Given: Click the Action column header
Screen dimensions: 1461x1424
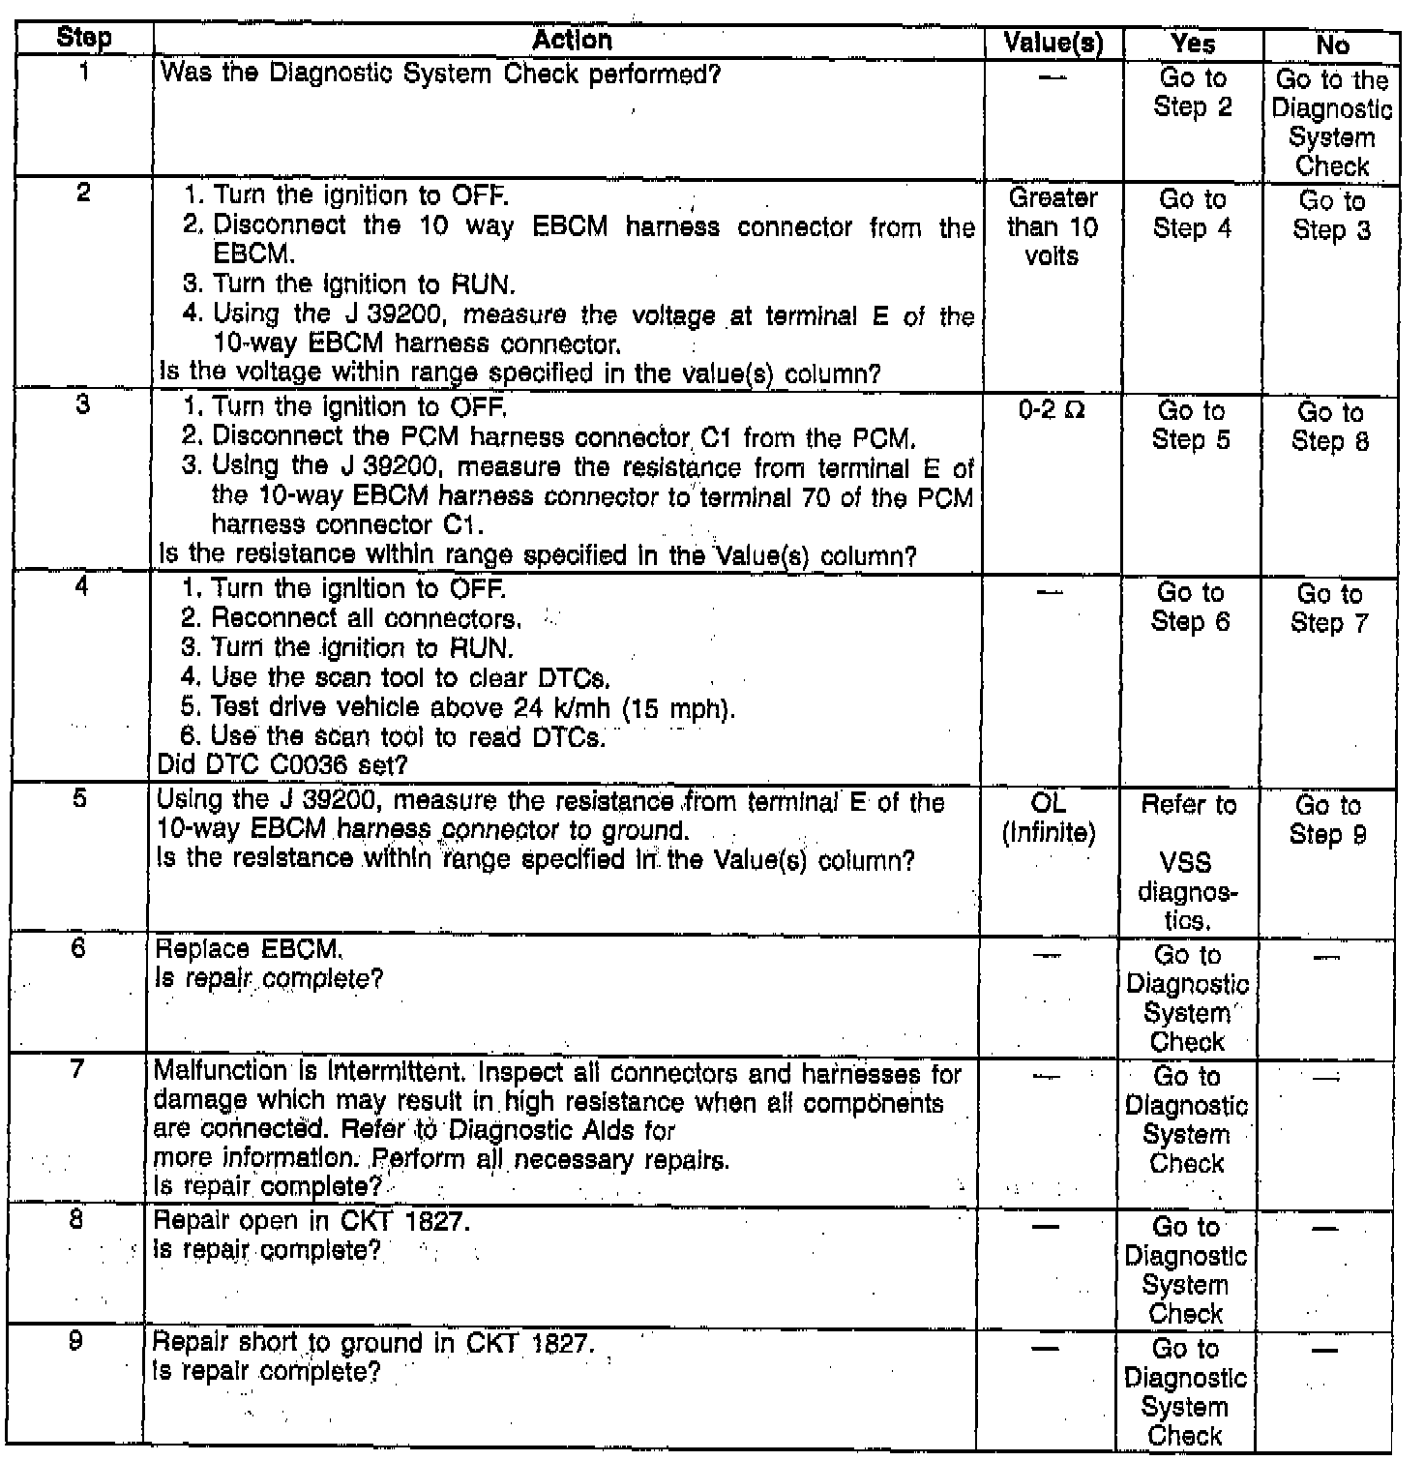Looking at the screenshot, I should [x=572, y=40].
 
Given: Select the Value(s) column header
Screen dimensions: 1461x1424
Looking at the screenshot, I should [x=1053, y=43].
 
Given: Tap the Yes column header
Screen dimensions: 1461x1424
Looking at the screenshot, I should [x=1193, y=43].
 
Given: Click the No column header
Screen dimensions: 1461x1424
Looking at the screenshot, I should [x=1332, y=45].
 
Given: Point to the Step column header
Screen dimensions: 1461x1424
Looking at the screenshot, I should [x=84, y=39].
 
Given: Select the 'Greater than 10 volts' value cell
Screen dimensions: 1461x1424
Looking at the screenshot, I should [x=1053, y=226].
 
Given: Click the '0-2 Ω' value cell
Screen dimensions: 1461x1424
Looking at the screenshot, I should [x=1052, y=410].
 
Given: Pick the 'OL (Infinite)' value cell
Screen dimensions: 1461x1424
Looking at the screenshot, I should [x=1049, y=818].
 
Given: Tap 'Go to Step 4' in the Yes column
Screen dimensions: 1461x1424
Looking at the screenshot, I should [x=1192, y=214].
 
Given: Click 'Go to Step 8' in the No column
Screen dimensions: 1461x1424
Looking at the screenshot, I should [x=1330, y=427].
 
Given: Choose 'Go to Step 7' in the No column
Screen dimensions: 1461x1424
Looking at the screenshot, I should [x=1329, y=608].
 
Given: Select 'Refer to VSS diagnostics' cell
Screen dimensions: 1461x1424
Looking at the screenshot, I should [x=1188, y=862].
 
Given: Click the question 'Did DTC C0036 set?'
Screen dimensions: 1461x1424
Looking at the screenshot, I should [x=282, y=764].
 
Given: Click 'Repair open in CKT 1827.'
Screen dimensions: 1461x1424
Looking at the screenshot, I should [x=312, y=1221].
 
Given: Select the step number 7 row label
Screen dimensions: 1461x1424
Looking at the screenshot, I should [x=79, y=1070].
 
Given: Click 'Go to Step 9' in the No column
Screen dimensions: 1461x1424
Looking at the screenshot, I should [x=1328, y=820].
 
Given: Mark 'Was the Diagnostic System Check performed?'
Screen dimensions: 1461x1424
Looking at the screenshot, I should [x=440, y=74].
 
